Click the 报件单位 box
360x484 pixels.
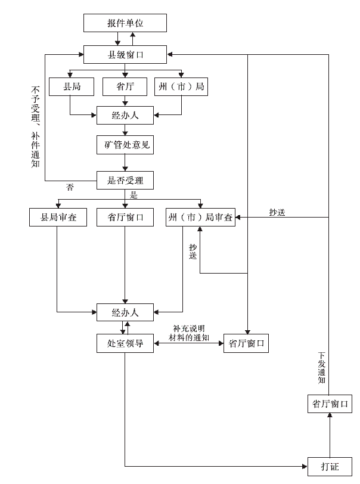point(125,23)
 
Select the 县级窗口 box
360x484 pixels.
point(125,55)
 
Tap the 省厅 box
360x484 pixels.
point(125,87)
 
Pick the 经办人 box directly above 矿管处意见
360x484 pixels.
point(125,115)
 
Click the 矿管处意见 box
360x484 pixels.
point(125,144)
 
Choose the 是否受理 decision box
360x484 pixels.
point(125,179)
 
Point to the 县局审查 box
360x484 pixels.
point(57,218)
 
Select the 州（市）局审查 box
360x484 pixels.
point(200,218)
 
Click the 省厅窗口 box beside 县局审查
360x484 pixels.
point(125,218)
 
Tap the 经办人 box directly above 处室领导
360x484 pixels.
point(125,311)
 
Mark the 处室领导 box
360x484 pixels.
point(125,343)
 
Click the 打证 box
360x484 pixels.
point(329,466)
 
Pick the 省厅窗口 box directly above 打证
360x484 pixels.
point(329,404)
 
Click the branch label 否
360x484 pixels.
point(70,187)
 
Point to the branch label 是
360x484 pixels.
point(134,195)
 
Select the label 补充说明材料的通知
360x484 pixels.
point(188,333)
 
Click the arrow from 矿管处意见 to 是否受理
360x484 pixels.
point(125,162)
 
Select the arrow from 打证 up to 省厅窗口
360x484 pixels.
point(329,435)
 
